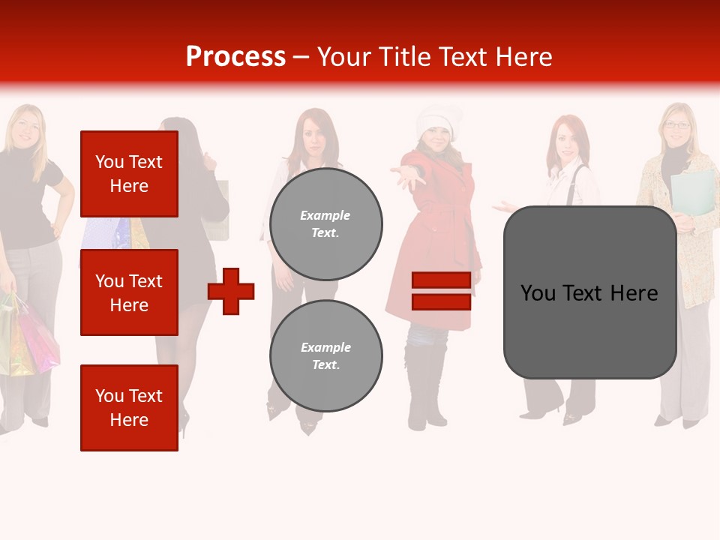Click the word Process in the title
pos(235,57)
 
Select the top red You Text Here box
pos(129,174)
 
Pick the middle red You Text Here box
pos(129,292)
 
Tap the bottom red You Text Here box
pos(129,407)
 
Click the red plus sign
pos(231,291)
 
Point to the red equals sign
pos(441,291)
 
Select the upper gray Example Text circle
pos(325,223)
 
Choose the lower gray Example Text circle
pos(325,355)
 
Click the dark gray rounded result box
pos(589,292)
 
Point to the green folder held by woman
pos(693,192)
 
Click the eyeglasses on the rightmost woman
pos(677,125)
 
